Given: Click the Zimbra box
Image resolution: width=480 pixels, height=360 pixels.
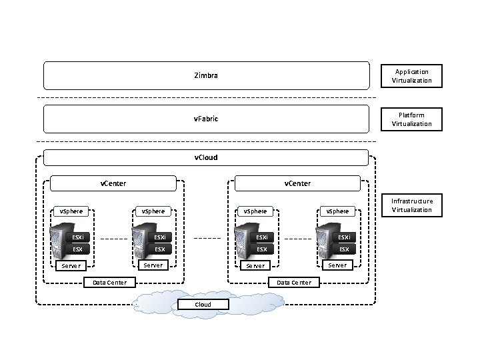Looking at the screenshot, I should (x=206, y=76).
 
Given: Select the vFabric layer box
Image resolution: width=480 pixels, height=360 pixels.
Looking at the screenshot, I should (x=206, y=119).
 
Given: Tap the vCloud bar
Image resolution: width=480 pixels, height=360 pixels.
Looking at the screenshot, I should (x=206, y=158).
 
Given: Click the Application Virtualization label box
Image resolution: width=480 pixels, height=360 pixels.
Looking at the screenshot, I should (x=411, y=76).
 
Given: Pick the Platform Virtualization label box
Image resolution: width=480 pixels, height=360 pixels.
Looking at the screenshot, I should (x=411, y=119).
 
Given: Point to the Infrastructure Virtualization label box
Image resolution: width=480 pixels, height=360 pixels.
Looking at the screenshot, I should (x=411, y=205).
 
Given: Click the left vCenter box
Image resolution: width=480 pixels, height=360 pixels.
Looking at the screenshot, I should (x=113, y=183).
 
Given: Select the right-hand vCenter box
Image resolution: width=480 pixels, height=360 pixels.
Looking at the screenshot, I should (x=297, y=183).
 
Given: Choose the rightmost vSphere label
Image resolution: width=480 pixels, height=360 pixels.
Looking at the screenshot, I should (x=337, y=211).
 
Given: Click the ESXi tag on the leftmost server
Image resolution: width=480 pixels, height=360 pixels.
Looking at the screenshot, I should (x=78, y=237).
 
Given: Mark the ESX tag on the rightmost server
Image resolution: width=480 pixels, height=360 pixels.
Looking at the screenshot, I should (x=344, y=249).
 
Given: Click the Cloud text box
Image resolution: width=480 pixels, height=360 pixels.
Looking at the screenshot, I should (x=203, y=305).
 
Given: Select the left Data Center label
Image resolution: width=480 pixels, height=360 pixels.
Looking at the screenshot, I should (x=109, y=283).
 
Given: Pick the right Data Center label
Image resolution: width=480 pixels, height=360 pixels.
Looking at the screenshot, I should (x=294, y=283).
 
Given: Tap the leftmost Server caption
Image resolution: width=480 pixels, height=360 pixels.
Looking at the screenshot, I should (x=71, y=266).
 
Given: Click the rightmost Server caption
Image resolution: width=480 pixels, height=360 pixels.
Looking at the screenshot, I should (x=337, y=265).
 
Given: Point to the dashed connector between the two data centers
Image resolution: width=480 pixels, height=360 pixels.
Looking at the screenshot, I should (x=207, y=238).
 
